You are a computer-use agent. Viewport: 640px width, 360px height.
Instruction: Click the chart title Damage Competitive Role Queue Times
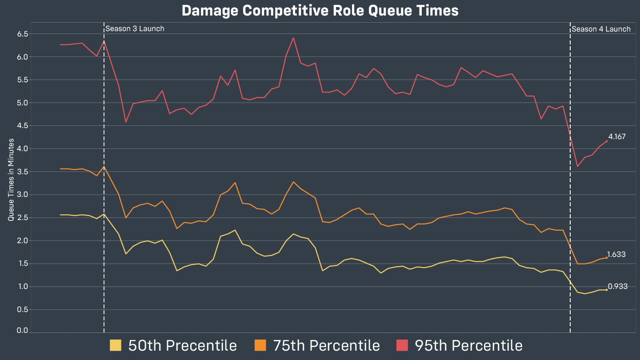tap(320, 11)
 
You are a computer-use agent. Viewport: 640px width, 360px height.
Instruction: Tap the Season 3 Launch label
tap(135, 29)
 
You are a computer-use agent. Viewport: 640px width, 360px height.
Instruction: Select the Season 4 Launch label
tap(601, 29)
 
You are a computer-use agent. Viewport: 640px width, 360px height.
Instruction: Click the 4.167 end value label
tap(617, 136)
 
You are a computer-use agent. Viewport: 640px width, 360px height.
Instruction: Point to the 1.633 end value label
tap(616, 255)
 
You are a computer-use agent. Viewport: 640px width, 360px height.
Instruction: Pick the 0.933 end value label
tap(618, 287)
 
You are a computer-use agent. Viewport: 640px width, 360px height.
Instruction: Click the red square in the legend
tap(402, 345)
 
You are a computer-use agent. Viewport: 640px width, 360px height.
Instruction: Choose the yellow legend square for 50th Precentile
tap(115, 345)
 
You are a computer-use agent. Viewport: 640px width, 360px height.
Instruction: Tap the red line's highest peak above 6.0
tap(293, 38)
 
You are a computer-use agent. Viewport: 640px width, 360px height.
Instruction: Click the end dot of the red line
tap(607, 141)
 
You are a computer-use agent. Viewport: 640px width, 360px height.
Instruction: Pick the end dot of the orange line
tap(607, 257)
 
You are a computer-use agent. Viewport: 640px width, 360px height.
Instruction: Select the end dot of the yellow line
tap(607, 290)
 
